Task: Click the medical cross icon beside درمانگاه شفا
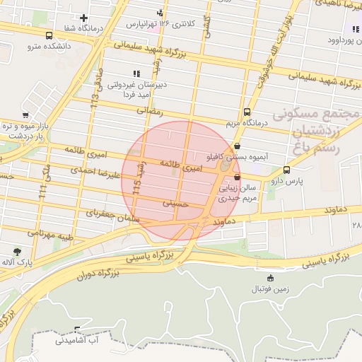pos(84,18)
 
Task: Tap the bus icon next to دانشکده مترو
pos(49,35)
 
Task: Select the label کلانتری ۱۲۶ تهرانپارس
pos(160,23)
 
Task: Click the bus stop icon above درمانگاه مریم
pos(247,112)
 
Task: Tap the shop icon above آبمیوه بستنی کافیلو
pos(237,146)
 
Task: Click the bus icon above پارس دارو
pos(286,170)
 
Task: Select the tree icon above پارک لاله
pos(17,252)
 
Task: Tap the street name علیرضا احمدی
pos(92,170)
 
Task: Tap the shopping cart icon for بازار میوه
pos(25,115)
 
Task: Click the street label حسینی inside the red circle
pos(177,202)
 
